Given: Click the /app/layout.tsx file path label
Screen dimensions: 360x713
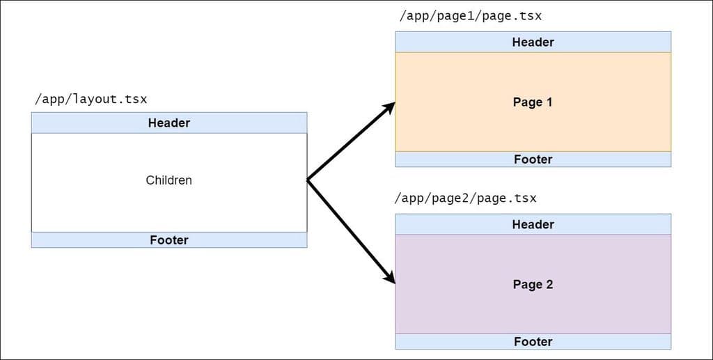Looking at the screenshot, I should click(91, 99).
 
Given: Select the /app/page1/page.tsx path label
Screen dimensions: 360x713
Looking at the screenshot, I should click(470, 15).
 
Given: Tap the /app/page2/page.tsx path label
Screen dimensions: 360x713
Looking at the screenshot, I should click(465, 198).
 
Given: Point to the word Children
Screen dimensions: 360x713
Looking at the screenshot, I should click(169, 180).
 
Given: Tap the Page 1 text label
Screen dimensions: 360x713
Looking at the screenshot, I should click(533, 102).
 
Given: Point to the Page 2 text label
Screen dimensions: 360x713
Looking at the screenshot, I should click(533, 285).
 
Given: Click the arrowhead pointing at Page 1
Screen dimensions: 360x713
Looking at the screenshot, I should click(389, 108).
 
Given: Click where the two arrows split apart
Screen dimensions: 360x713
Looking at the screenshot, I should click(308, 180).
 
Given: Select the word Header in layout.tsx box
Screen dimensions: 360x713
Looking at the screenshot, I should click(169, 123).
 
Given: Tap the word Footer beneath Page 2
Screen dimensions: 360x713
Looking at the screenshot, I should click(533, 342).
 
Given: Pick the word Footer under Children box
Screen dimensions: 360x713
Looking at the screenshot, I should click(169, 240).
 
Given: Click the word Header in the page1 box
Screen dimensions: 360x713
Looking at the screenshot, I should click(533, 42).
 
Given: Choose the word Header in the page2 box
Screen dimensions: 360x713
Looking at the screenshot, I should click(533, 224).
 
